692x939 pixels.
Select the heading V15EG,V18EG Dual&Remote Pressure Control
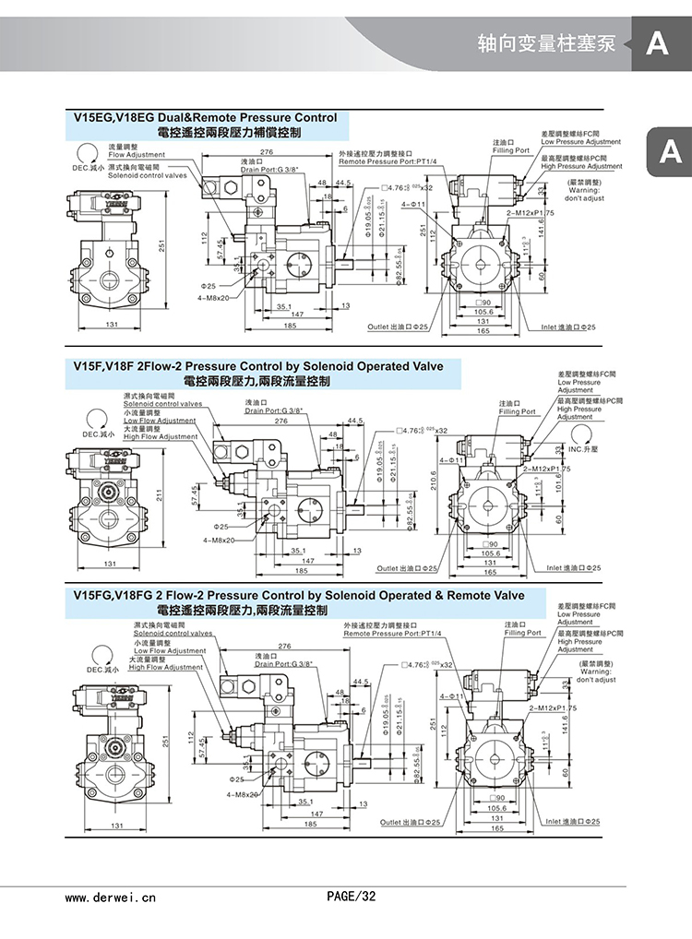point(205,118)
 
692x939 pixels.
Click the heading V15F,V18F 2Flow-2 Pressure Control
point(257,366)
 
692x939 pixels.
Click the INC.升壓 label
point(583,449)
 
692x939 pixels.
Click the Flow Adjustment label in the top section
point(136,155)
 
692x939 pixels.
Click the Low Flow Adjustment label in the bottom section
point(170,650)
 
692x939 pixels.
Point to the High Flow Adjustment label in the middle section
point(161,436)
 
